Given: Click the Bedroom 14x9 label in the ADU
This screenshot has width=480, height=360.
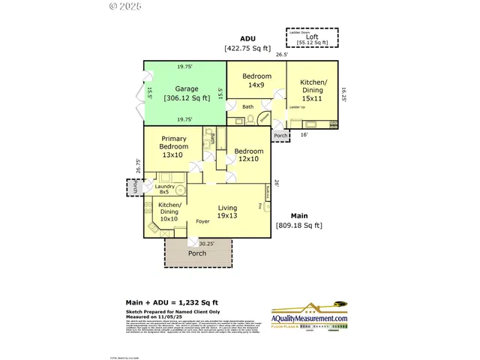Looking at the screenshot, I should pos(256,80).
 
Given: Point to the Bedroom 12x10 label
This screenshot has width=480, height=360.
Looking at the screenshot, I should pos(247,154).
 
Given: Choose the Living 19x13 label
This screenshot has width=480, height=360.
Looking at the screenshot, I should pos(227,211).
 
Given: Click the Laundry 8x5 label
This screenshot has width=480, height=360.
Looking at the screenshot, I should pos(165,189).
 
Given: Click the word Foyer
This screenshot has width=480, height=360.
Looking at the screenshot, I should pos(202,222).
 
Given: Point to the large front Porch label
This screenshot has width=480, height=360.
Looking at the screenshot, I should pos(197,253).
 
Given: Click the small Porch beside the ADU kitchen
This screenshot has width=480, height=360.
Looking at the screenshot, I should pos(280,136).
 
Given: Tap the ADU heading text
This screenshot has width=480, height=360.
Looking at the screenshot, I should pos(247,38).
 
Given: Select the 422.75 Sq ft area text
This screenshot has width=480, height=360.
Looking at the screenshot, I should pos(247,48).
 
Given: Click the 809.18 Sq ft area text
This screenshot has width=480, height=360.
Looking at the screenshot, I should pos(298,225).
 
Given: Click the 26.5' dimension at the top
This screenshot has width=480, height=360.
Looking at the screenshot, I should pos(281,55).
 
